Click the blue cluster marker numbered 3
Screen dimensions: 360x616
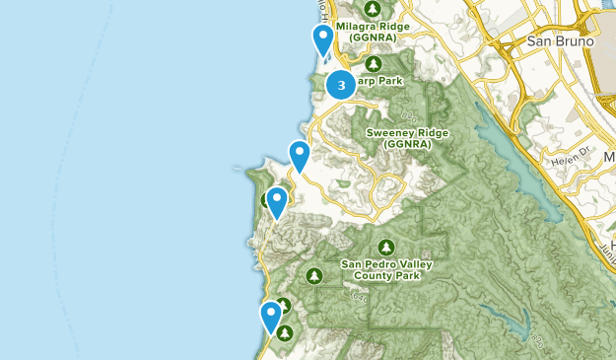pyautogui.click(x=341, y=85)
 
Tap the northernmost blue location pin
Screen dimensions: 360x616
pyautogui.click(x=323, y=39)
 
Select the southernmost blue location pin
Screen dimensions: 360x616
pyautogui.click(x=271, y=318)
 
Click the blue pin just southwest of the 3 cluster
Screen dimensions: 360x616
pyautogui.click(x=300, y=156)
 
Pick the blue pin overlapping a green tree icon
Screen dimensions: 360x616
pyautogui.click(x=277, y=202)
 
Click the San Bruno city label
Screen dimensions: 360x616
pyautogui.click(x=560, y=41)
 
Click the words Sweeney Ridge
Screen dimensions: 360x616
pyautogui.click(x=407, y=132)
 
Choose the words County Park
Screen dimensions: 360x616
pyautogui.click(x=385, y=276)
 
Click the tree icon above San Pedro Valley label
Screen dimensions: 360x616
pyautogui.click(x=386, y=247)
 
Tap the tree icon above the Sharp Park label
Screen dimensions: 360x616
pyautogui.click(x=373, y=62)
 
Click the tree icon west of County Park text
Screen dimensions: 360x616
pyautogui.click(x=314, y=274)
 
